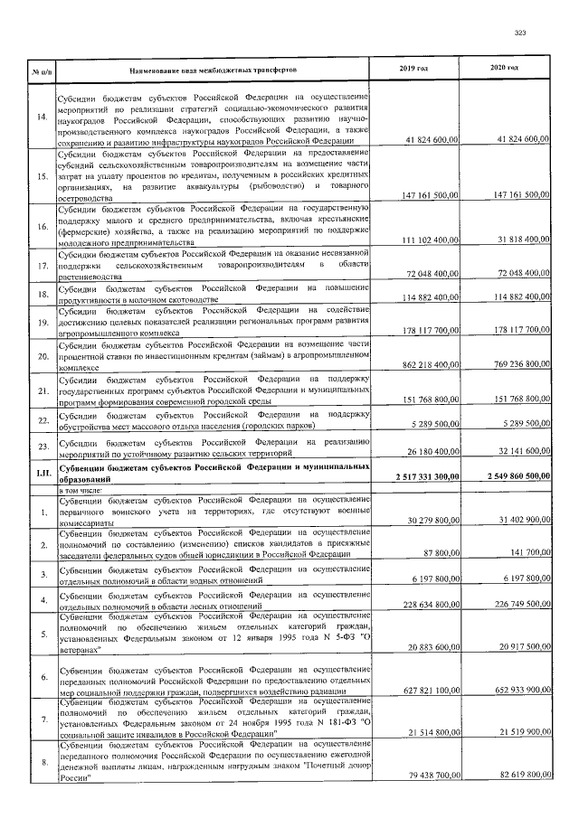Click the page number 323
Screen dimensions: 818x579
[x=519, y=33]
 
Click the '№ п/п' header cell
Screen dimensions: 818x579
[x=42, y=70]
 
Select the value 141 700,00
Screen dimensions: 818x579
[x=526, y=552]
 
